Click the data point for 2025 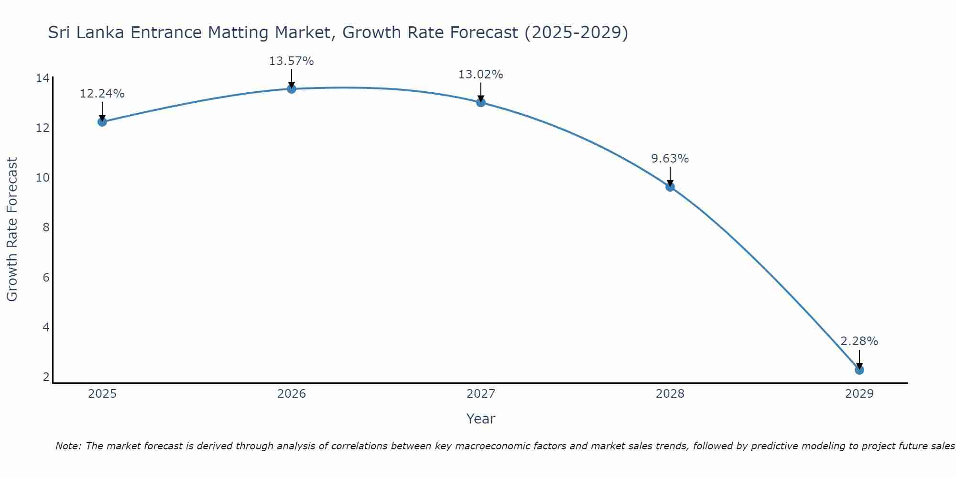coord(102,122)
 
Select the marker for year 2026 coord(292,89)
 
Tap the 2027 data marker coord(481,102)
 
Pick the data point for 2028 coord(670,187)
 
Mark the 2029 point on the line coord(859,370)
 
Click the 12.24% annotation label coord(102,94)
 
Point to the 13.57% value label coord(291,61)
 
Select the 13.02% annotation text coord(480,75)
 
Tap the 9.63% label coord(670,159)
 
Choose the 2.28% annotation coord(859,341)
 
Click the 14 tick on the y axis coord(43,78)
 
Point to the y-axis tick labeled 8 coord(46,228)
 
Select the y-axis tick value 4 coord(46,327)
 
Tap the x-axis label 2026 coord(292,394)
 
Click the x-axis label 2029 coord(859,394)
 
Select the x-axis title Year coord(480,419)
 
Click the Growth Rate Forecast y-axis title coord(12,229)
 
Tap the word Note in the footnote coord(68,446)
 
